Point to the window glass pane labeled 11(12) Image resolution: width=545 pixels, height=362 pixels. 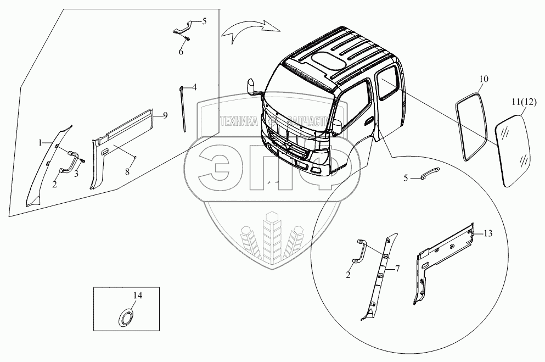click(514, 149)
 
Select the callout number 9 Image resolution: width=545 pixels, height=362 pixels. click(165, 115)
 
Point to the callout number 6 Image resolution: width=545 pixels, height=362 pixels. click(181, 52)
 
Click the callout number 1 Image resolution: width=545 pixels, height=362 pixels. click(40, 143)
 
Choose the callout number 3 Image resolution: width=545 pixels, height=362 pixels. click(77, 174)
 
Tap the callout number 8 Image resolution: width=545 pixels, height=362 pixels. click(127, 172)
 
